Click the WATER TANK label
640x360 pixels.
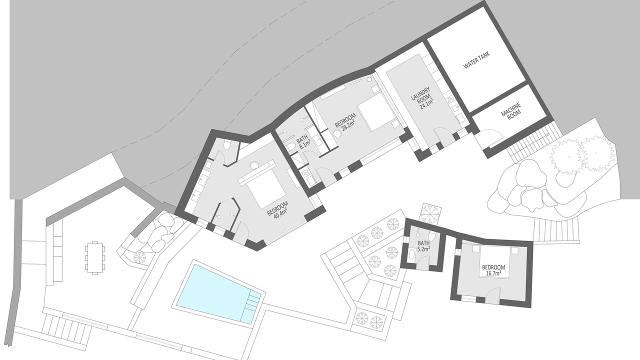476,60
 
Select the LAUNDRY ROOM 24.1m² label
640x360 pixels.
421,98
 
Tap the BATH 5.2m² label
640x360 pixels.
423,246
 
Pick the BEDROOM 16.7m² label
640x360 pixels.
493,270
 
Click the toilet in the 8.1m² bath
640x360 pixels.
291,147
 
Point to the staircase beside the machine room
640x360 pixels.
531,141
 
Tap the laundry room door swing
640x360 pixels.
442,135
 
